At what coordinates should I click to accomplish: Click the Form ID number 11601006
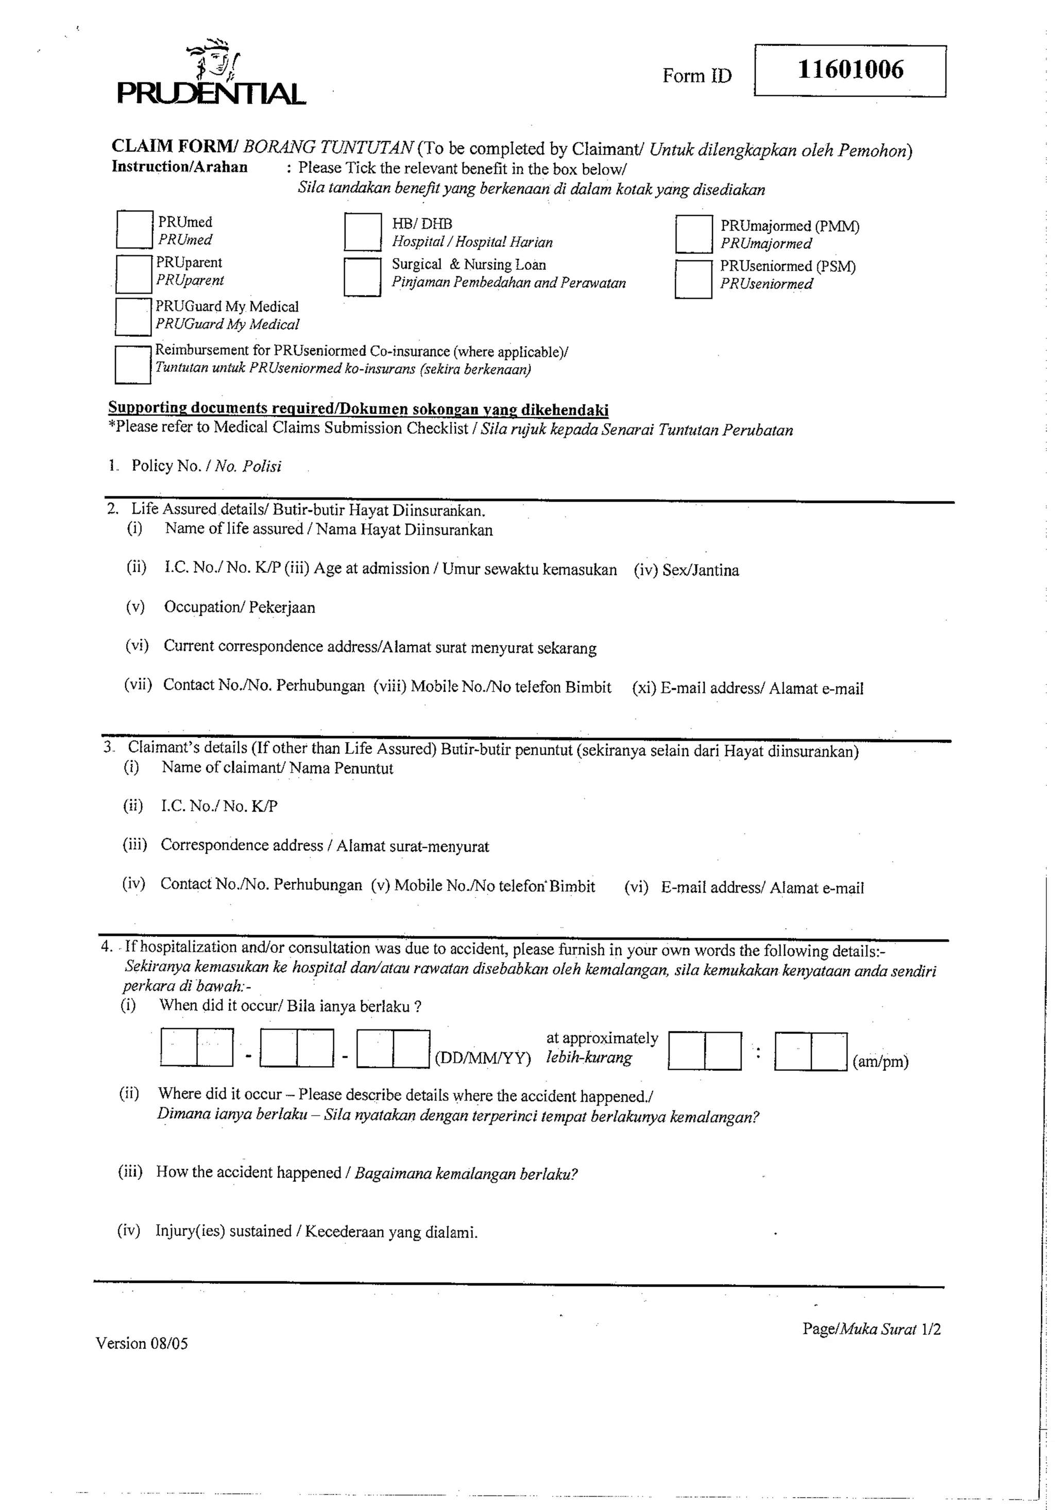click(850, 70)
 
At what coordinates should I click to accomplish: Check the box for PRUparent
click(133, 273)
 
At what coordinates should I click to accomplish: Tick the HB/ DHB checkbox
click(363, 232)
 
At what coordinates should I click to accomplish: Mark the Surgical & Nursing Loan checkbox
click(362, 277)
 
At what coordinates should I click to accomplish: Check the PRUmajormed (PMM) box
click(693, 234)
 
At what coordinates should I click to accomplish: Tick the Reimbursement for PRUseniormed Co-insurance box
click(132, 365)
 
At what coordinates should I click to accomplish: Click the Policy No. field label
click(206, 466)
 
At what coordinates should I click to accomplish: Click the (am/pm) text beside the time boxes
click(880, 1061)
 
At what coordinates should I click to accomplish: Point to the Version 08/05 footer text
click(142, 1343)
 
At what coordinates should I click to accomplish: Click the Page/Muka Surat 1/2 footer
click(871, 1329)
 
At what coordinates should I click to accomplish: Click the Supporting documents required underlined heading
click(358, 408)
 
